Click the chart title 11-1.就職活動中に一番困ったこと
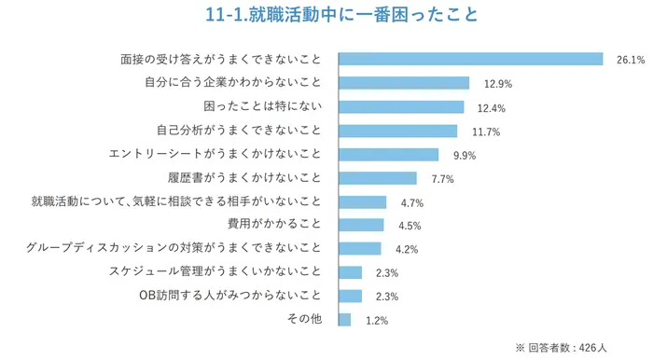click(x=326, y=16)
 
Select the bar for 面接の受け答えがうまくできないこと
click(x=470, y=59)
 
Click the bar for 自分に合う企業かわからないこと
click(x=403, y=83)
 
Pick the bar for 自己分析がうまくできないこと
click(x=397, y=131)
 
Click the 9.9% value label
click(x=465, y=155)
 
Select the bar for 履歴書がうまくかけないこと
click(x=377, y=178)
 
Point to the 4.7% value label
click(x=412, y=202)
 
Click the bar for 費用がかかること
click(x=360, y=225)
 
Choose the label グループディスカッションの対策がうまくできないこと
click(x=174, y=248)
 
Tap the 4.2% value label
click(x=407, y=250)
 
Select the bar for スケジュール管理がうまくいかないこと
click(x=350, y=272)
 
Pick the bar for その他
click(x=344, y=320)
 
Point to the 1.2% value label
click(x=376, y=321)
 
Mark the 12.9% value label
click(x=498, y=84)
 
